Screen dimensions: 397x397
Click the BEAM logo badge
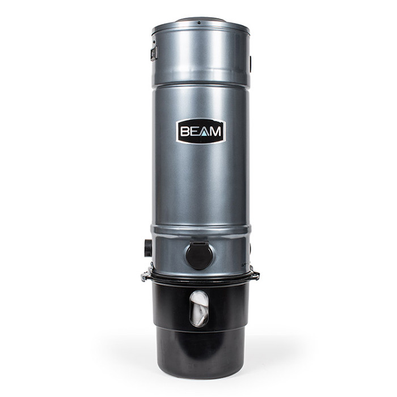click(x=201, y=131)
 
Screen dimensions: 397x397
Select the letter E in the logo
click(x=196, y=132)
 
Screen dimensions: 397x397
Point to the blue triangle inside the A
click(x=206, y=133)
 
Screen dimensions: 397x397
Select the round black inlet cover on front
click(x=200, y=256)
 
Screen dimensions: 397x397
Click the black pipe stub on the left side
click(x=148, y=248)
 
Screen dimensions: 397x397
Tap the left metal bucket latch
click(x=146, y=276)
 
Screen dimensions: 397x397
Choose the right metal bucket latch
click(x=255, y=276)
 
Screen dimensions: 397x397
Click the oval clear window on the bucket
click(x=199, y=309)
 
